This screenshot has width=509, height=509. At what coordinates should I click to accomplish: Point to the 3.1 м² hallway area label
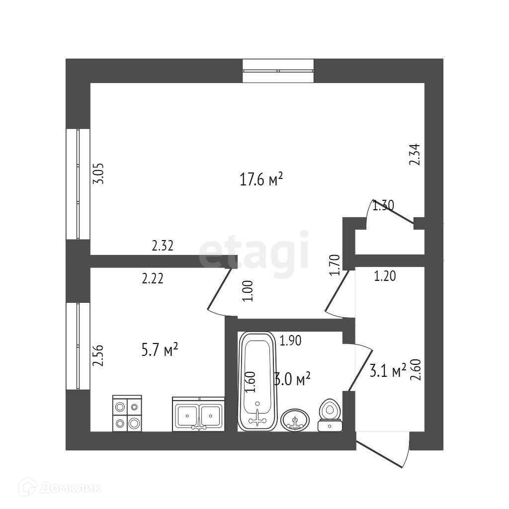tap(388, 370)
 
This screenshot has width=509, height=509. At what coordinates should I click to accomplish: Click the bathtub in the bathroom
tap(256, 381)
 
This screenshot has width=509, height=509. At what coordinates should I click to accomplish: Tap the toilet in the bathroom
tap(329, 415)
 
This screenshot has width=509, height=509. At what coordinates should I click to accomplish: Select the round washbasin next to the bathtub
tap(295, 421)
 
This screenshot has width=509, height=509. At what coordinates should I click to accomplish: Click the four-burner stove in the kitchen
tap(127, 413)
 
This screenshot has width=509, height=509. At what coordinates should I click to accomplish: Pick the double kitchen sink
tap(198, 414)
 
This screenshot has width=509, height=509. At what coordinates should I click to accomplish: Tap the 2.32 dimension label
tap(162, 245)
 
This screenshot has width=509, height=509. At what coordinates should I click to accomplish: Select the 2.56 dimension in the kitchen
tap(98, 356)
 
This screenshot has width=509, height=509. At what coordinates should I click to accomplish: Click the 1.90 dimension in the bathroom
tap(291, 340)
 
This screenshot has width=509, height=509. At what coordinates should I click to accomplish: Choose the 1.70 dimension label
tap(335, 264)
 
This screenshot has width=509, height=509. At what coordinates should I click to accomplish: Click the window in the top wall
tap(278, 71)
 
